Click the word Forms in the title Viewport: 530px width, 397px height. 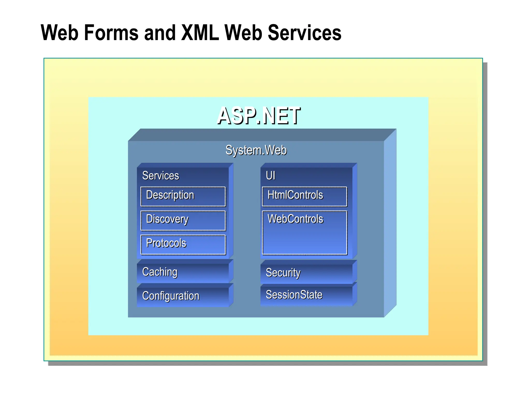click(x=111, y=33)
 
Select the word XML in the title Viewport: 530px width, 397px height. click(x=200, y=33)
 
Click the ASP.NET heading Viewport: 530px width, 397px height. click(x=258, y=116)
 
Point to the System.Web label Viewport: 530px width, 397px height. click(x=256, y=150)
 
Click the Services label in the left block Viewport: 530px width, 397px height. click(x=160, y=176)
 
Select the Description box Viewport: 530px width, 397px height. click(x=183, y=196)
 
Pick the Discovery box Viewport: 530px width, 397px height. click(x=183, y=220)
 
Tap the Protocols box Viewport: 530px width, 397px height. click(x=183, y=245)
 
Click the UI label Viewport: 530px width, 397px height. click(x=270, y=176)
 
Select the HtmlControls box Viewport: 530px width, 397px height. click(x=304, y=196)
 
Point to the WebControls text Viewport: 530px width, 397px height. click(x=295, y=219)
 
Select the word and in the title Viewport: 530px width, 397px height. click(x=160, y=33)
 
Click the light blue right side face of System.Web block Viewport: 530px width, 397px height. click(x=390, y=222)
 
